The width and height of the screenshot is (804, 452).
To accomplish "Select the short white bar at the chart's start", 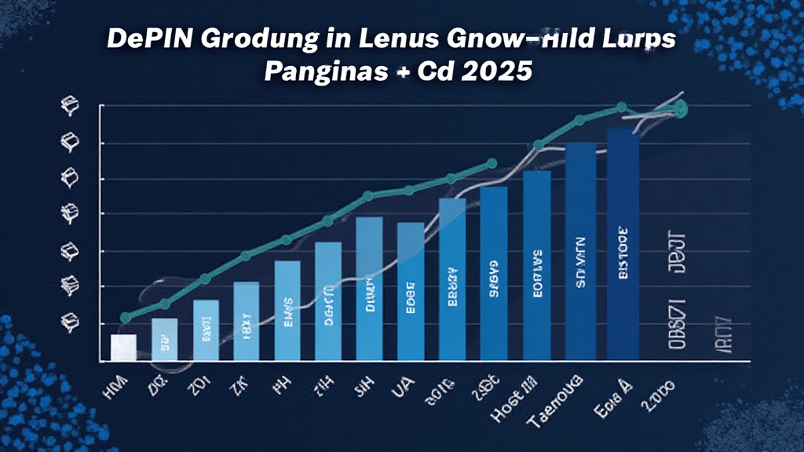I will point(123,348).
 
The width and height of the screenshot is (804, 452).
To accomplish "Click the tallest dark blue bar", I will point(623,243).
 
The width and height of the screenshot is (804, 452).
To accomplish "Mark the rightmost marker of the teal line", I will point(681,108).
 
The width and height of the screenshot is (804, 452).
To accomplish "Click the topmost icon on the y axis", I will point(68,105).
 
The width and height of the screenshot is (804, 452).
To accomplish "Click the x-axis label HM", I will point(117,385).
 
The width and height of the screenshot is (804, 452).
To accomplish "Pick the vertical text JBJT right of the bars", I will point(676,253).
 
